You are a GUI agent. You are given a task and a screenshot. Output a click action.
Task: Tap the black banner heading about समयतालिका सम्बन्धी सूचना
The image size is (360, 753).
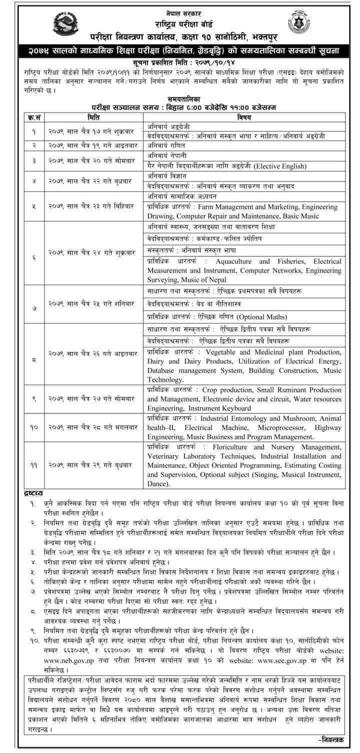[x=179, y=50]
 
